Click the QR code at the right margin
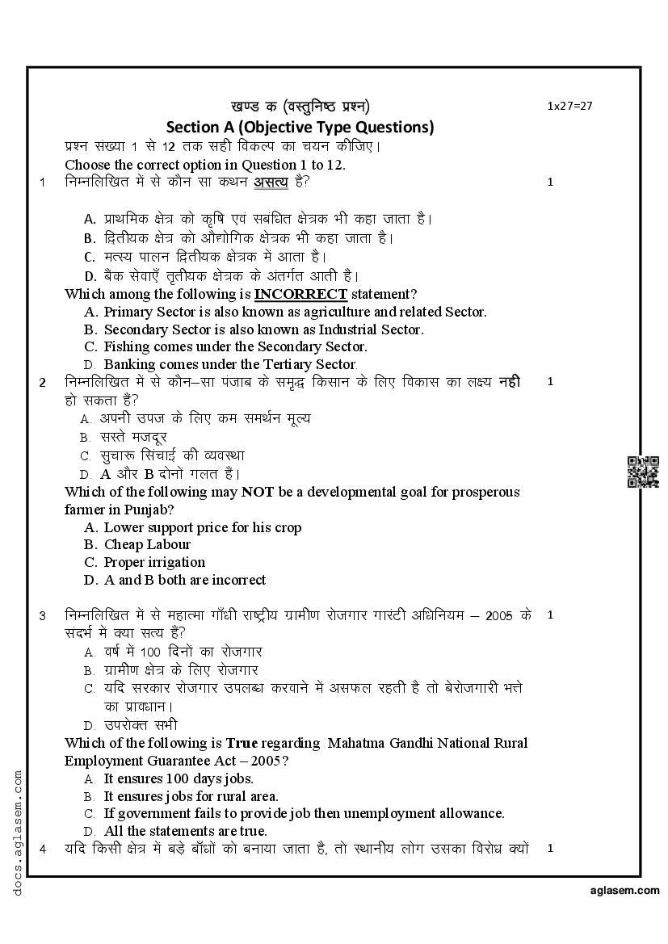coord(643,472)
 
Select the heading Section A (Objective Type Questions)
coord(300,127)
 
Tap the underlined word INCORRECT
coord(300,294)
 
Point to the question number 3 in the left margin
coord(43,615)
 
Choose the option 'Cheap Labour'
coord(147,544)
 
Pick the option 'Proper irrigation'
coord(154,562)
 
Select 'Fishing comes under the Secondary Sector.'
coord(235,346)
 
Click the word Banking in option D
coord(128,364)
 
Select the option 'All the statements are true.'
coord(185,831)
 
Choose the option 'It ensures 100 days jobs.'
coord(179,778)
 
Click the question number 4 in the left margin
coord(43,849)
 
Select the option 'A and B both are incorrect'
coord(184,580)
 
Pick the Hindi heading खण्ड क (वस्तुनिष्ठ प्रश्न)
coord(300,106)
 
